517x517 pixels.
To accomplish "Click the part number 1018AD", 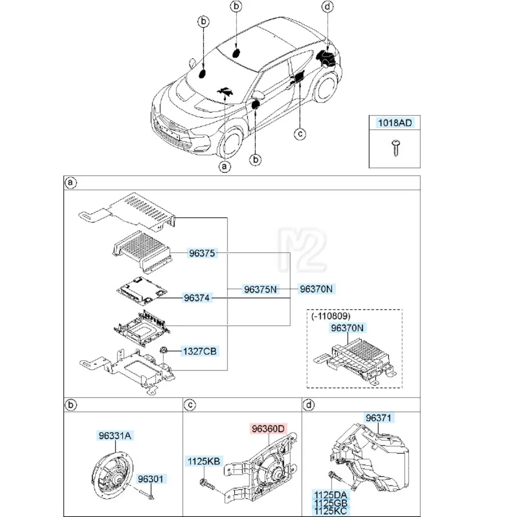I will tap(394, 123).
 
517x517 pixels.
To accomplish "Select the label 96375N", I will tap(260, 290).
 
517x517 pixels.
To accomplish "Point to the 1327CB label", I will tap(199, 352).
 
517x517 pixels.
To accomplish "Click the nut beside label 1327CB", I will tap(163, 350).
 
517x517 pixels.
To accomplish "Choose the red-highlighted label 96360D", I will tap(268, 429).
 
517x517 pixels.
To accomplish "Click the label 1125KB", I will tap(204, 460).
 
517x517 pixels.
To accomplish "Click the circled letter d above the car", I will tap(327, 7).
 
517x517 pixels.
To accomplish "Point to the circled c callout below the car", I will tap(299, 134).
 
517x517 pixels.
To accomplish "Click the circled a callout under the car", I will tap(224, 166).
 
